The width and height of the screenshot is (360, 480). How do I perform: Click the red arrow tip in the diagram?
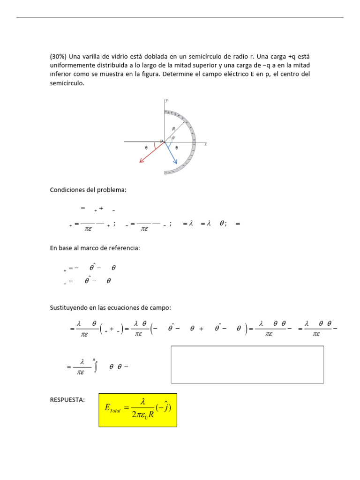140,162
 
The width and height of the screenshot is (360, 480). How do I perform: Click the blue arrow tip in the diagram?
176,163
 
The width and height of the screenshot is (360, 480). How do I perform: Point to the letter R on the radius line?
173,128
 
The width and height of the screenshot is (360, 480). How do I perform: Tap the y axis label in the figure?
166,100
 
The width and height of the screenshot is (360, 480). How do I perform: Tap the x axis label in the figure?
205,145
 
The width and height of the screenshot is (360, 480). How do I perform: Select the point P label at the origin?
161,141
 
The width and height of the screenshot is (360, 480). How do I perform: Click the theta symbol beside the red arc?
146,147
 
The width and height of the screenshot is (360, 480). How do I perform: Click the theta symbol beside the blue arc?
176,147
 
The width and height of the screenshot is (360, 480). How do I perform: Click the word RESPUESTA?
67,400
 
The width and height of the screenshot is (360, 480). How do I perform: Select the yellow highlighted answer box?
137,410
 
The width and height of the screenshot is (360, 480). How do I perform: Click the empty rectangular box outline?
247,365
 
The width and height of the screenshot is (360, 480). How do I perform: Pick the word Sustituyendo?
71,307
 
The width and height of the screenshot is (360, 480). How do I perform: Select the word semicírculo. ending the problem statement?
67,83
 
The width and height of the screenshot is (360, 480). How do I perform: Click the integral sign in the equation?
96,367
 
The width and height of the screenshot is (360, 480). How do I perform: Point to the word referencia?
124,248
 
